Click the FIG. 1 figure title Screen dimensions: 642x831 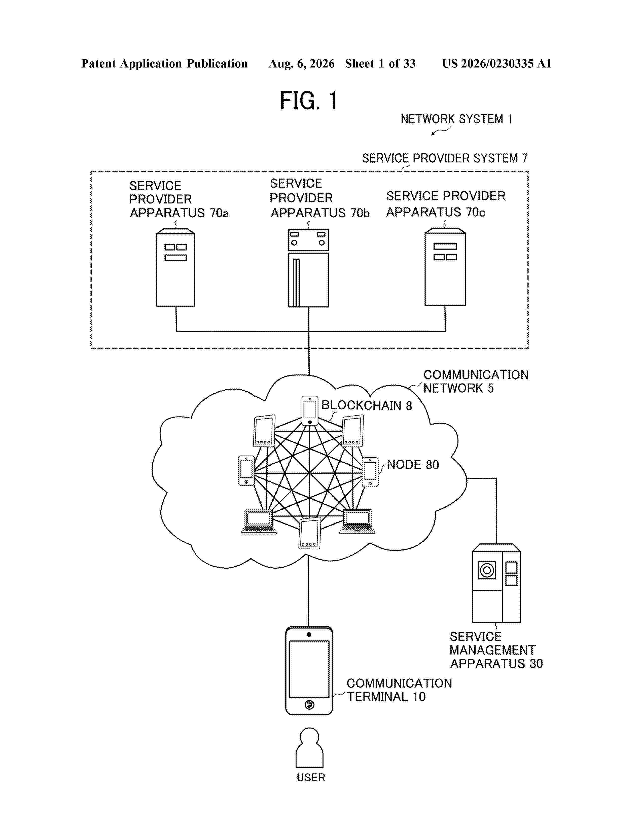[x=308, y=100]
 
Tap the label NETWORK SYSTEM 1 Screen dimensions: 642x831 [x=456, y=119]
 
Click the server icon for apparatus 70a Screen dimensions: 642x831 [x=176, y=267]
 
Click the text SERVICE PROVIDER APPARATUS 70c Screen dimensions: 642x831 [x=446, y=204]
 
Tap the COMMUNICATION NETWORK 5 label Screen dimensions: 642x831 [x=476, y=381]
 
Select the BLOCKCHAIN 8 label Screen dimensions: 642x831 [x=367, y=406]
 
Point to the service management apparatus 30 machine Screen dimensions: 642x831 [x=496, y=583]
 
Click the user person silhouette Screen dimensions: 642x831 [x=310, y=748]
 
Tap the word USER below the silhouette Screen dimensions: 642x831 [x=311, y=777]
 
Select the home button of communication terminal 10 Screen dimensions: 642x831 [x=309, y=705]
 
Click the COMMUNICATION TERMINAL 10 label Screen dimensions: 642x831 [x=399, y=690]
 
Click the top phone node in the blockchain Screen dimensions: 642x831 [x=310, y=410]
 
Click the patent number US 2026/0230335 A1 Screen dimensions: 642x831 [x=497, y=63]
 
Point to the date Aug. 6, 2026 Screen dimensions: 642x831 [x=302, y=63]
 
